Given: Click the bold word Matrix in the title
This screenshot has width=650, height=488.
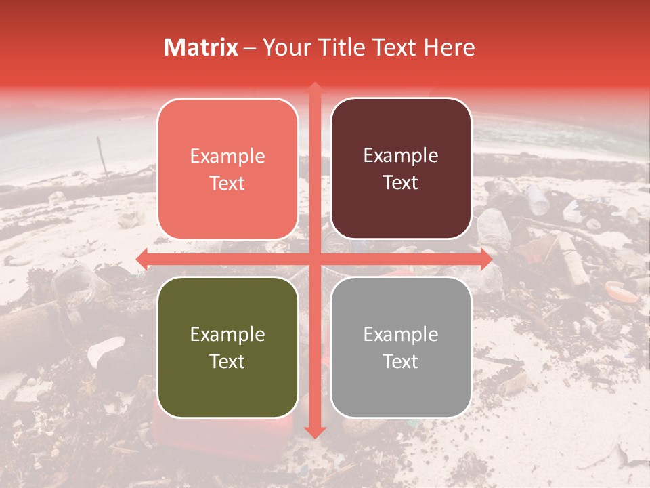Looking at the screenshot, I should pyautogui.click(x=201, y=47).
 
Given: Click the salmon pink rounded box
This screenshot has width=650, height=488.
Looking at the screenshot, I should pyautogui.click(x=227, y=169).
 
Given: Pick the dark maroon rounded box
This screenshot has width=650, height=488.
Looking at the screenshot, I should pyautogui.click(x=401, y=169).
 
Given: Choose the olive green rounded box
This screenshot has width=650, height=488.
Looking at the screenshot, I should pyautogui.click(x=227, y=347).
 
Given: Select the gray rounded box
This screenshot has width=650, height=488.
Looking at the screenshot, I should pyautogui.click(x=401, y=347).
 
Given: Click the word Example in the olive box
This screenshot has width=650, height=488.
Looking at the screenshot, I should pyautogui.click(x=227, y=334).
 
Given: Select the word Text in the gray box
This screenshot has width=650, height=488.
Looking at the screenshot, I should pyautogui.click(x=401, y=361).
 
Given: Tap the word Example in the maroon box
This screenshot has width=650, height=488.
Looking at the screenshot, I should pyautogui.click(x=401, y=155).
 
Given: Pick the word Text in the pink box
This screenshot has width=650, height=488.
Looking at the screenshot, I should pyautogui.click(x=227, y=183).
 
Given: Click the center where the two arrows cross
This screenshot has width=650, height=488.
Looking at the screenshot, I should pyautogui.click(x=314, y=259).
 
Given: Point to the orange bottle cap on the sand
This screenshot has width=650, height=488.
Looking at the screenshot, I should pyautogui.click(x=621, y=291).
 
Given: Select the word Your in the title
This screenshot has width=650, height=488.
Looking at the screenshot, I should pyautogui.click(x=284, y=47).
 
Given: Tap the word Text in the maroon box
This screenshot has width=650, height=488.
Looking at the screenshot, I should pyautogui.click(x=401, y=183).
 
